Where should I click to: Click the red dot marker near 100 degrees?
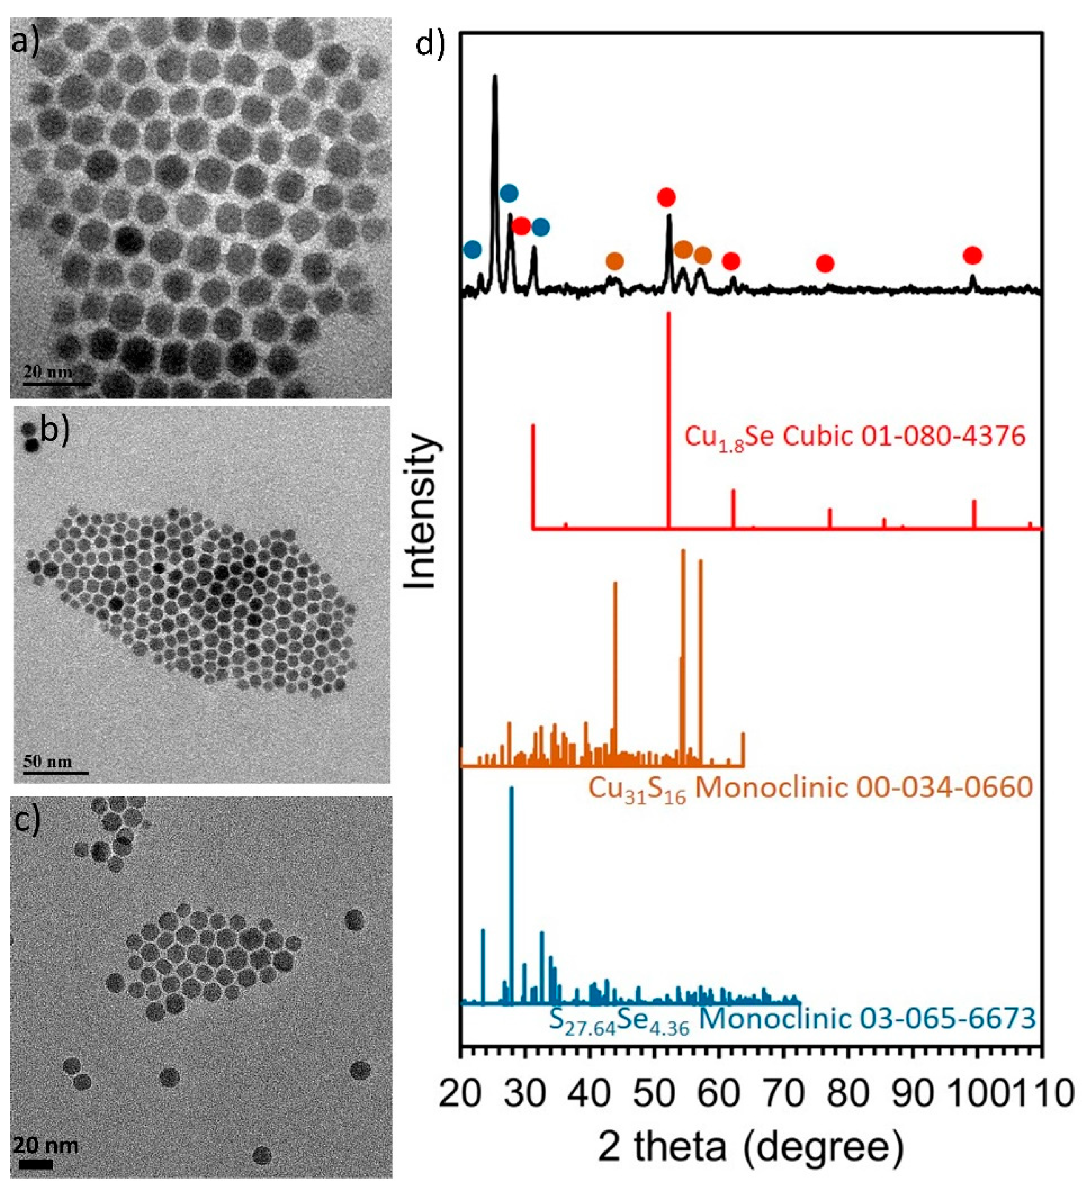pyautogui.click(x=973, y=255)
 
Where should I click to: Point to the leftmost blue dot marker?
pyautogui.click(x=472, y=249)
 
